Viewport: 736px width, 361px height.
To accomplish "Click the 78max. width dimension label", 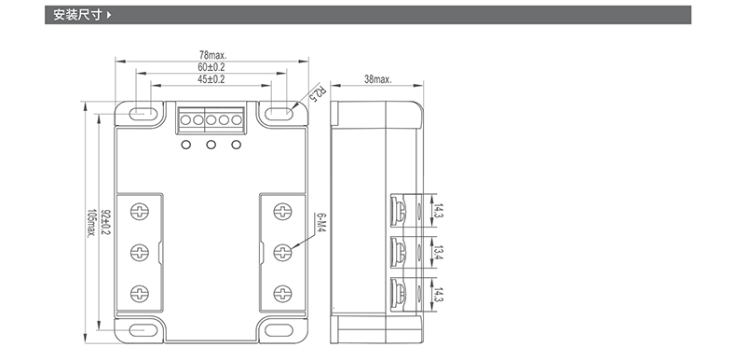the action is point(213,55).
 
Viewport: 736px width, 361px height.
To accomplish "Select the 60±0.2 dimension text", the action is point(211,67).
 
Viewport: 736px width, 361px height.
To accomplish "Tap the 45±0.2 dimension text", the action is point(211,79).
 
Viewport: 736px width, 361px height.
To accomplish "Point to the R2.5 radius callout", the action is point(319,93).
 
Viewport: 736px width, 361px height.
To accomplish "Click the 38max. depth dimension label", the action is point(378,79).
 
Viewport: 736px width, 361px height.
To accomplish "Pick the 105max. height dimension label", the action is point(90,223).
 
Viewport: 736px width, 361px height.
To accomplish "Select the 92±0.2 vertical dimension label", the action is point(104,222).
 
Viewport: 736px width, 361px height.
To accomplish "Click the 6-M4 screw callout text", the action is point(321,225).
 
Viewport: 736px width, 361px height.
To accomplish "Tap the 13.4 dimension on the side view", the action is point(437,253).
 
